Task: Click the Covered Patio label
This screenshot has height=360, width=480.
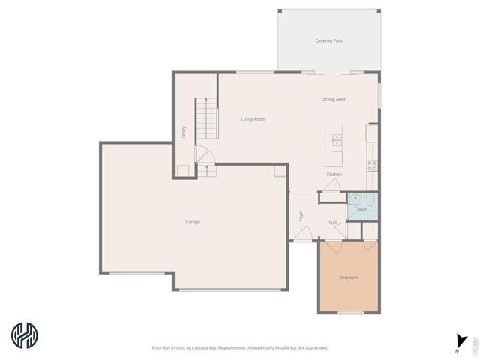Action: (x=329, y=40)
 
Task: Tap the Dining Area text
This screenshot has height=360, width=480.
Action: (x=333, y=99)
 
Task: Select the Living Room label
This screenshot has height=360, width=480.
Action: (x=253, y=119)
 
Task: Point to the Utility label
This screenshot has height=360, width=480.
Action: (x=184, y=131)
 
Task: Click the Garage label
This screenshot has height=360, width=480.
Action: (x=193, y=221)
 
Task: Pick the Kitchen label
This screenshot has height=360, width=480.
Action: (x=334, y=175)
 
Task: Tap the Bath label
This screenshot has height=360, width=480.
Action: (x=362, y=210)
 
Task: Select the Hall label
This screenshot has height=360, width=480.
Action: (x=332, y=222)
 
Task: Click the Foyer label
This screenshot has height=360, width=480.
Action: (x=301, y=215)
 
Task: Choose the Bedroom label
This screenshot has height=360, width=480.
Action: (x=349, y=277)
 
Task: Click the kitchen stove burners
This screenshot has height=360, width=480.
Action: (x=371, y=166)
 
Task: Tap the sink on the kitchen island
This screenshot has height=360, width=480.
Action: (x=337, y=138)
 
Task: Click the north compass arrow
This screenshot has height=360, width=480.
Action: (x=459, y=339)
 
